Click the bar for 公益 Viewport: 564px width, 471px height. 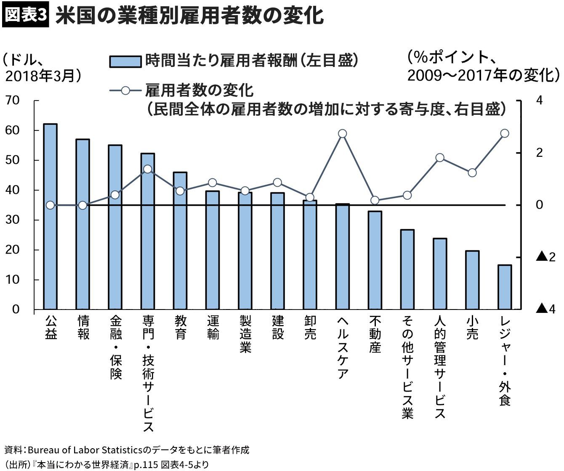click(51, 217)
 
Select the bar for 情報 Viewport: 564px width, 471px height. click(83, 224)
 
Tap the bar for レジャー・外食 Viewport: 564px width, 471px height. click(505, 287)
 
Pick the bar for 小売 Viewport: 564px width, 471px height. click(472, 280)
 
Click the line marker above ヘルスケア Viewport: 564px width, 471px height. click(342, 134)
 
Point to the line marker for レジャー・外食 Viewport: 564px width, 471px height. click(505, 133)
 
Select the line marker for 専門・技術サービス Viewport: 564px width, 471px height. click(148, 169)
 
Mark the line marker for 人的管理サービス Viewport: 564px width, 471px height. click(440, 158)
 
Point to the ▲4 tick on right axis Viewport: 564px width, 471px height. click(545, 310)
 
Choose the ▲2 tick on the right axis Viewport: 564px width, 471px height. click(545, 257)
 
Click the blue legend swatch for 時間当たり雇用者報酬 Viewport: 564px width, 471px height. click(125, 61)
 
